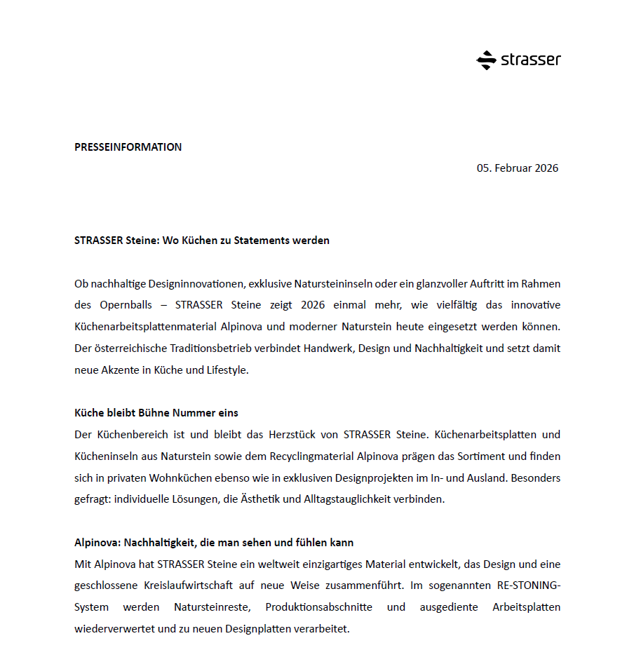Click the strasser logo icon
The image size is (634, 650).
pos(486,60)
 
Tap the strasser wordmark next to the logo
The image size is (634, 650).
pos(530,60)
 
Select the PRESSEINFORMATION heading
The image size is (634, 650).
pos(128,147)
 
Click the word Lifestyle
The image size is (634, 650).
pos(227,370)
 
